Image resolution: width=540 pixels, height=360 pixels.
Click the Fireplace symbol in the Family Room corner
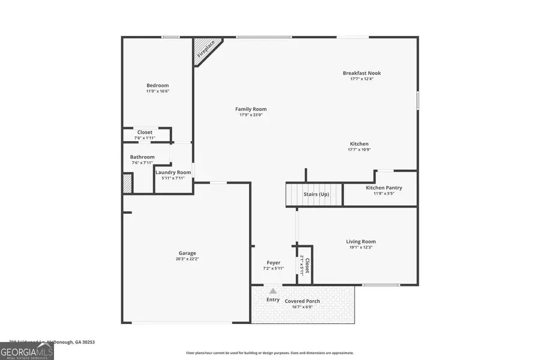pyautogui.click(x=206, y=50)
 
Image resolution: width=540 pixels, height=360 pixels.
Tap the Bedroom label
pyautogui.click(x=158, y=85)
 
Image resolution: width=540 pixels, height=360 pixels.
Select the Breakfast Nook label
pyautogui.click(x=362, y=73)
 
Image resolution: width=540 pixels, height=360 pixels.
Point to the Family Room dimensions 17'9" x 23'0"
pyautogui.click(x=251, y=115)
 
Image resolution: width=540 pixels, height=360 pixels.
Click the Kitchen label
pyautogui.click(x=359, y=144)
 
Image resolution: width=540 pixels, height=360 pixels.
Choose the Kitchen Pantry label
pyautogui.click(x=384, y=188)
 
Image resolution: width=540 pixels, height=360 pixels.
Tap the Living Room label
pyautogui.click(x=361, y=242)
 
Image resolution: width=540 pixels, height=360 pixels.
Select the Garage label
pyautogui.click(x=187, y=253)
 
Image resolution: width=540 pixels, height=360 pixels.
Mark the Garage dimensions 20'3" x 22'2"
pyautogui.click(x=187, y=259)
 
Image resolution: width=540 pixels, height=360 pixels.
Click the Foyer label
pyautogui.click(x=274, y=263)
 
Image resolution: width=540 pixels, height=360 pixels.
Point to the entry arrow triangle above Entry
pyautogui.click(x=272, y=291)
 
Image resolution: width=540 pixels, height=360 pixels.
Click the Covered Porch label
pyautogui.click(x=302, y=301)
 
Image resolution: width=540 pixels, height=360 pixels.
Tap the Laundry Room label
pyautogui.click(x=173, y=172)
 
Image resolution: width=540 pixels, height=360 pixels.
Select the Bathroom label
pyautogui.click(x=142, y=157)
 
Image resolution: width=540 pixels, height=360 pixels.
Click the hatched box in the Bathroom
pyautogui.click(x=127, y=183)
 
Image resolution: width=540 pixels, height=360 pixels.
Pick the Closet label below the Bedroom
pyautogui.click(x=145, y=132)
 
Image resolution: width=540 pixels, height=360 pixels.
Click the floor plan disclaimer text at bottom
pyautogui.click(x=270, y=353)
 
